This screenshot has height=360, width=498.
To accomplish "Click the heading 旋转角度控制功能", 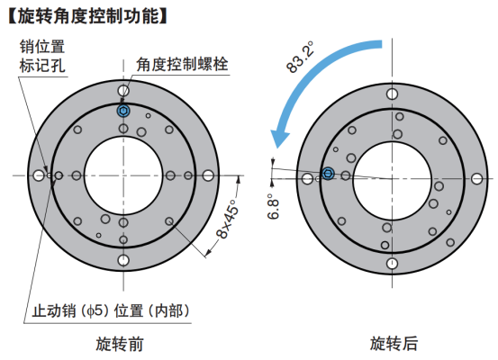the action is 87,16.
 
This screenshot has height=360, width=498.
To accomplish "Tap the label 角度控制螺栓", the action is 182,64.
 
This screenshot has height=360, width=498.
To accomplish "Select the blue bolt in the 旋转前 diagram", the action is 123,111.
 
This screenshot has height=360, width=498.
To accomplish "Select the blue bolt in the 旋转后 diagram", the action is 328,174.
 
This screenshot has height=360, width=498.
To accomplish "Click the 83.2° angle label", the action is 300,57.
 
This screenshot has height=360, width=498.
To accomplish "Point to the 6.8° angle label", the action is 273,206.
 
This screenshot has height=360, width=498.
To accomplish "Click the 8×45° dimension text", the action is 228,219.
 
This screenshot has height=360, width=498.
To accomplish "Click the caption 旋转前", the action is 120,344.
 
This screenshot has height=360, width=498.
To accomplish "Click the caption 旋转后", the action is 394,343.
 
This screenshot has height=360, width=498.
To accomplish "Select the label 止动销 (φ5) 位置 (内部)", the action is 111,310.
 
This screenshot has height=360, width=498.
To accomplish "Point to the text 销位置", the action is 42,47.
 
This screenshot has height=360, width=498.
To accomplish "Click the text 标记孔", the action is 42,66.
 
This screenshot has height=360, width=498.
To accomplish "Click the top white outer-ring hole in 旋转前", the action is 123,91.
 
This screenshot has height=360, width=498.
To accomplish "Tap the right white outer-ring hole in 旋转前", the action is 208,175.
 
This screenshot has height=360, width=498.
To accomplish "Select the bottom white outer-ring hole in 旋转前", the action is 123,260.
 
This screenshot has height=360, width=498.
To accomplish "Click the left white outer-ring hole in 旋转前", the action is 39,175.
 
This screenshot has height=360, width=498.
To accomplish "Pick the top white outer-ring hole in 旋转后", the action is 393,94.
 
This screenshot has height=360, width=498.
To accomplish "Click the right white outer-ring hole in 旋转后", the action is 476,179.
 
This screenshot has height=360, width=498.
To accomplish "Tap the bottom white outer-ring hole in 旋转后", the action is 393,264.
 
